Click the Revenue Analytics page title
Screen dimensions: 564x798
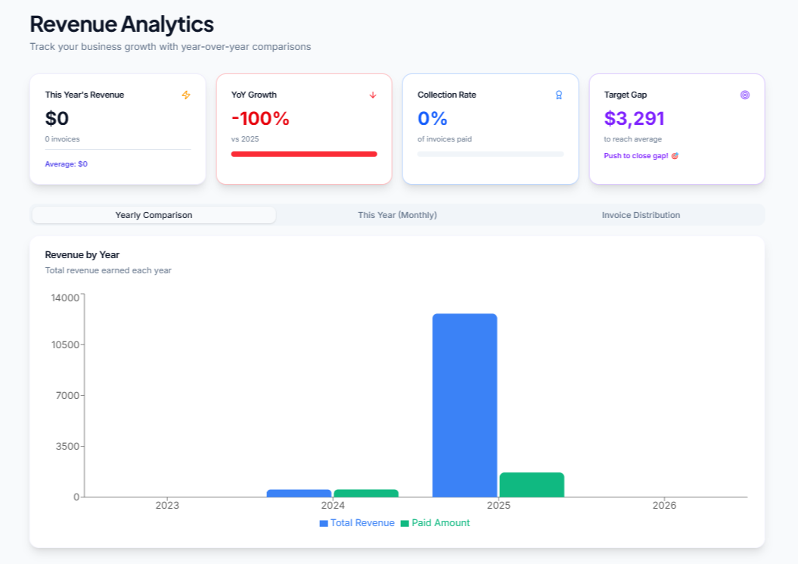pos(121,24)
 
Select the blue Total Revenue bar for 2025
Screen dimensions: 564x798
pos(464,405)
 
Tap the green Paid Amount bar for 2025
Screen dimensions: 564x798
pos(532,485)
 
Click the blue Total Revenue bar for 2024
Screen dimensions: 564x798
pos(299,494)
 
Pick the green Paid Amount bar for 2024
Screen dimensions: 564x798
pos(366,494)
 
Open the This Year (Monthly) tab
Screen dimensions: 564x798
pos(397,215)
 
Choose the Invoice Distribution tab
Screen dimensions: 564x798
pos(641,215)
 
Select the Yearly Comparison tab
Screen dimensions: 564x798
pos(154,215)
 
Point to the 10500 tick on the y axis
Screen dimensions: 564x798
pos(65,345)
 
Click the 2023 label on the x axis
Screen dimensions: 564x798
pos(167,505)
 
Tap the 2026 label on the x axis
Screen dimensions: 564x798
pos(664,505)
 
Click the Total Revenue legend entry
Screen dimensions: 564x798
pos(357,523)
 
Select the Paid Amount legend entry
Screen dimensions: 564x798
pos(436,523)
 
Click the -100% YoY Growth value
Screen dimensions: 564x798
pos(260,119)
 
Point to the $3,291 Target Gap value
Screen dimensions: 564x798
pos(634,119)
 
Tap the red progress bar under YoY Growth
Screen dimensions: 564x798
pos(303,154)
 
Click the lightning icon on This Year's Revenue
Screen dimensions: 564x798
pos(186,95)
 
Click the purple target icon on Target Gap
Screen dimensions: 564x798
pos(745,95)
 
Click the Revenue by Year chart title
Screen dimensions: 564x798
pos(82,255)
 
